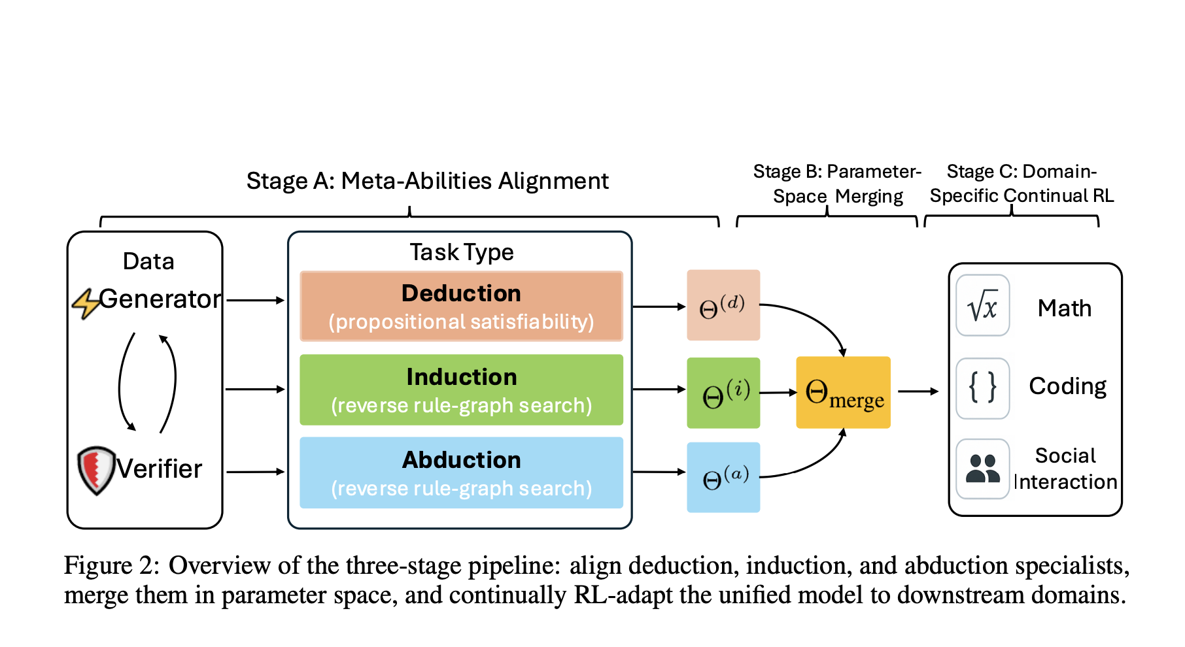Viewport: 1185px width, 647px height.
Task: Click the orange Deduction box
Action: [x=461, y=306]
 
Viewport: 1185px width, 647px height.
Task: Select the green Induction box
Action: [x=461, y=390]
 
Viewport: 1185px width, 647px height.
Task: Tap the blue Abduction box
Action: [x=461, y=473]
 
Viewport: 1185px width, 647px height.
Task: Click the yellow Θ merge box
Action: [x=843, y=392]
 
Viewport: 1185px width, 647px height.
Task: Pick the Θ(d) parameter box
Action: [x=723, y=305]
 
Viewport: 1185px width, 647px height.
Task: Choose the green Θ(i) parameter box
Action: [x=723, y=393]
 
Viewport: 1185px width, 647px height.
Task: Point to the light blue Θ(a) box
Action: [x=723, y=477]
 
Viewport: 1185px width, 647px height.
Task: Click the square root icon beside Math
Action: [x=982, y=305]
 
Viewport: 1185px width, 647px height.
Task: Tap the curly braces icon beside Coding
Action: [x=982, y=388]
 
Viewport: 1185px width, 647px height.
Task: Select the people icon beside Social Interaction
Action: [x=982, y=469]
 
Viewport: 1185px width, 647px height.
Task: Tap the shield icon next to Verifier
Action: [x=96, y=470]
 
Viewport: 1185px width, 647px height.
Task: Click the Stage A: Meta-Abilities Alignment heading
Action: [x=427, y=181]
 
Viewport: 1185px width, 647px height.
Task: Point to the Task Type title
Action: [x=461, y=252]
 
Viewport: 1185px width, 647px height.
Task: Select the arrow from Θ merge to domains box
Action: [x=918, y=391]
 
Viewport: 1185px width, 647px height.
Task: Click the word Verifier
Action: [x=159, y=469]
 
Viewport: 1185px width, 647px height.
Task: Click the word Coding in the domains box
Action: [x=1067, y=386]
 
